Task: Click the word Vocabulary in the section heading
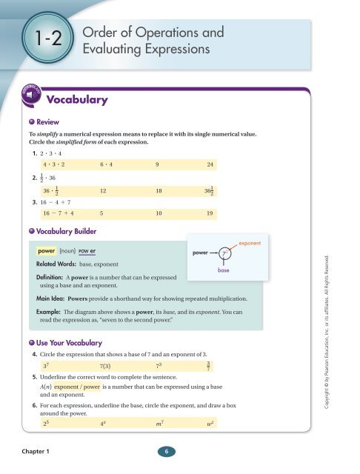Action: [77, 99]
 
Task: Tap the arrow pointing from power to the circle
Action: [209, 253]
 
